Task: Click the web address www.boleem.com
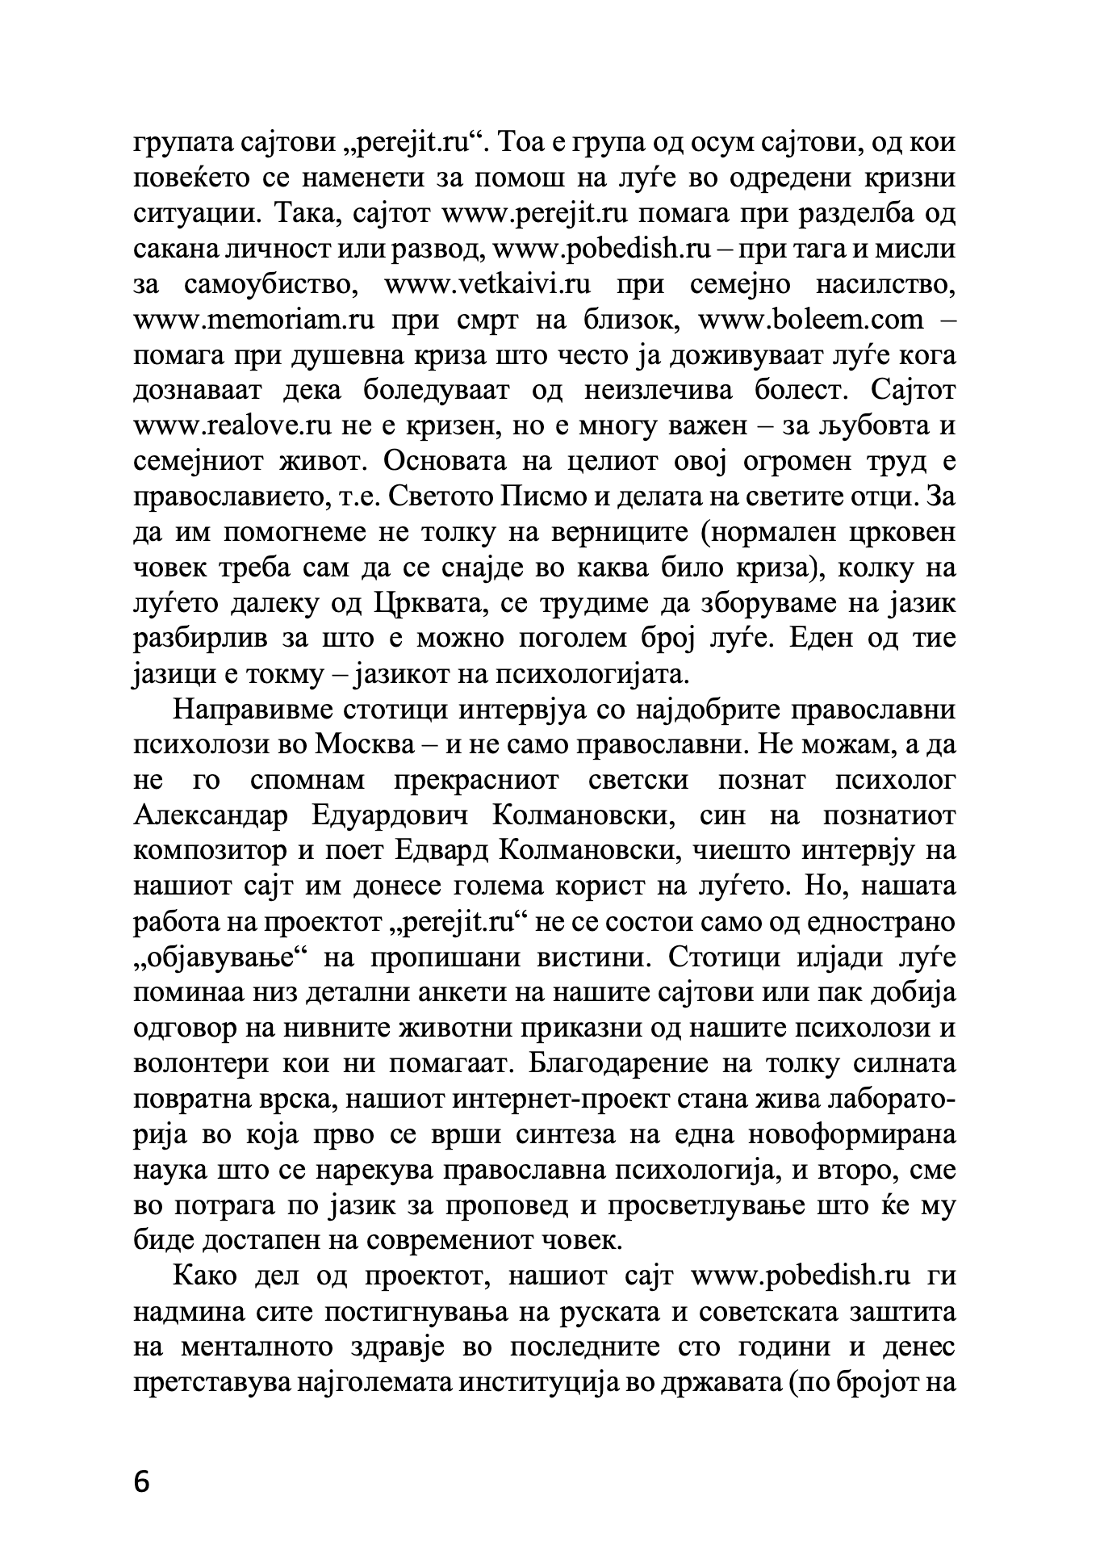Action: click(810, 321)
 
